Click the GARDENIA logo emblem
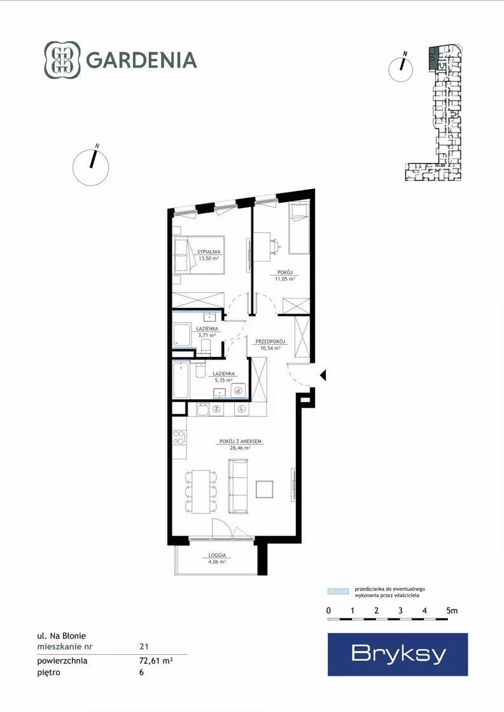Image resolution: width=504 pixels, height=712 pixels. pos(62,60)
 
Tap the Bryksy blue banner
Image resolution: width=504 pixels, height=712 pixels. pos(398,654)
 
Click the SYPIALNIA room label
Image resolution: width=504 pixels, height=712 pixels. pos(209,251)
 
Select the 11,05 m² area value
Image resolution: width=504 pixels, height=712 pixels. pos(284,279)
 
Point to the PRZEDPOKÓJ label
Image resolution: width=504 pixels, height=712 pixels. pos(270,342)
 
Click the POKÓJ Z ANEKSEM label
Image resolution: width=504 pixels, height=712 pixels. pos(240,442)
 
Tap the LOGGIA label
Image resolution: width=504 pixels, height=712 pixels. pos(217,555)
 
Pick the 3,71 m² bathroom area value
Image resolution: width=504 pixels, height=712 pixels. pos(207,335)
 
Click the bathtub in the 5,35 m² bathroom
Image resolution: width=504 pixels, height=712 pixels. pos(181,380)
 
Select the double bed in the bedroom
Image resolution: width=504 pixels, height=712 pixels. pos(199,255)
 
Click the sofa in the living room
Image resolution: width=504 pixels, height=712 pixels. pos(238,486)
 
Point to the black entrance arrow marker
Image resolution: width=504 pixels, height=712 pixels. pos(323,375)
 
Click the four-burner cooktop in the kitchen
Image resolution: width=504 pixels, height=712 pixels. pos(179,437)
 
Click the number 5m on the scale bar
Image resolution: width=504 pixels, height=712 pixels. pos(452,611)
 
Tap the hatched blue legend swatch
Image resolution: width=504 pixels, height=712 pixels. pos(339,591)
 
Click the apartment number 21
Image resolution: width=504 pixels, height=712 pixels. pos(144,646)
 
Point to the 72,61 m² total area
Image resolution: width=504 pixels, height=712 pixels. pos(156,660)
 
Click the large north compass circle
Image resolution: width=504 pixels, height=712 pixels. pos(91,167)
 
